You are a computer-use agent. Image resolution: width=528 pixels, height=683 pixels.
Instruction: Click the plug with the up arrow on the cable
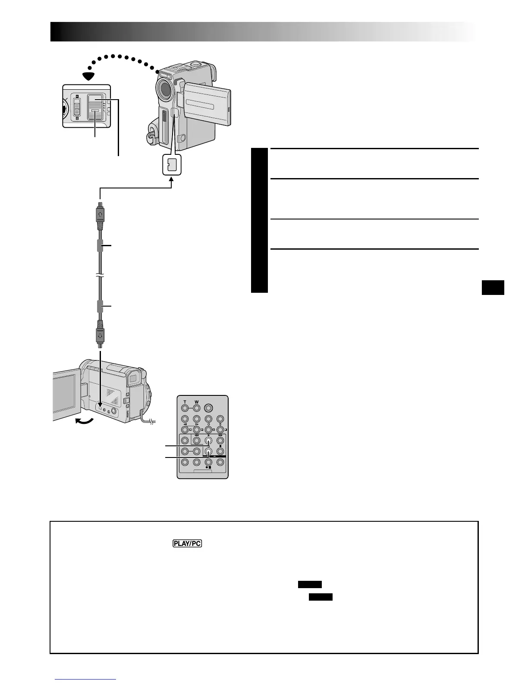coord(100,214)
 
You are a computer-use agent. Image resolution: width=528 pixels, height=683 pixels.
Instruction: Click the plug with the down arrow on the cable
coord(100,335)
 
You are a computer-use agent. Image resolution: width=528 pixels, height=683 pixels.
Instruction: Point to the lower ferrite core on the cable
coord(100,307)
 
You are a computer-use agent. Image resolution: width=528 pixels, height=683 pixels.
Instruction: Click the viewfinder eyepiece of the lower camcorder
coord(133,380)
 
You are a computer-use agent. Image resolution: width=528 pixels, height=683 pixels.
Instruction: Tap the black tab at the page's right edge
coord(493,288)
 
